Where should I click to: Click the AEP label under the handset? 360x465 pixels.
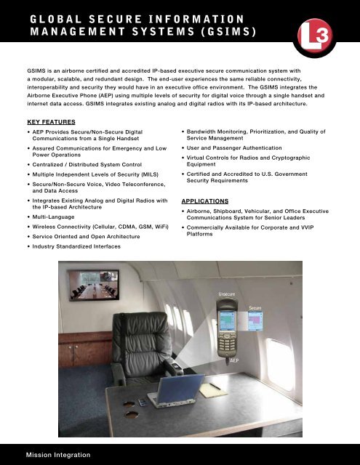(234, 360)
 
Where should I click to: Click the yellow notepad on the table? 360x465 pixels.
(212, 391)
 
